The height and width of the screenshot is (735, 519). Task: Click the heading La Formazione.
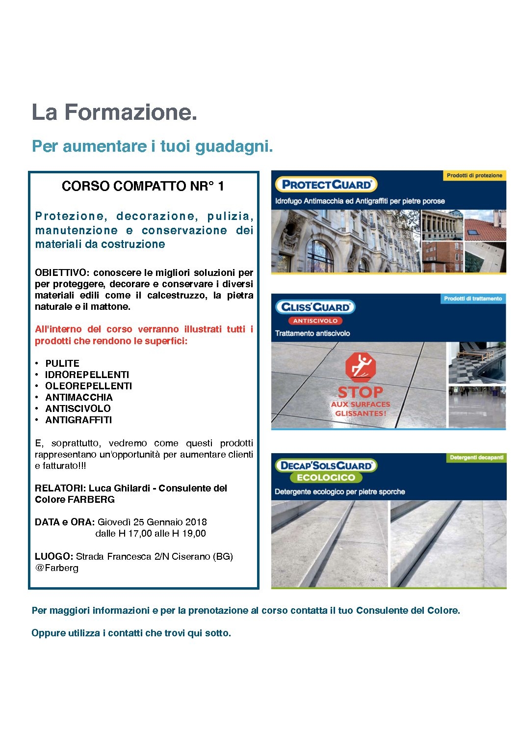click(x=114, y=112)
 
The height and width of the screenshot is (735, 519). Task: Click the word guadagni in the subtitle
click(x=234, y=146)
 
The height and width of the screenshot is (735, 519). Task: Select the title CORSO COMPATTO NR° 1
click(x=143, y=186)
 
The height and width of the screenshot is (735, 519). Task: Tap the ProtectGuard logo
click(x=326, y=185)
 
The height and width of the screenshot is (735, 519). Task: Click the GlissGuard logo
click(x=315, y=307)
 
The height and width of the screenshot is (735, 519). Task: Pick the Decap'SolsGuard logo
click(x=326, y=465)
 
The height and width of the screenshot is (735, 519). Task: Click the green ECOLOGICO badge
click(x=326, y=477)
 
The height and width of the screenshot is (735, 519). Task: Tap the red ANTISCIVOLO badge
click(x=315, y=321)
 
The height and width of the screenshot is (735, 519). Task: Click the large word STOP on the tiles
click(x=360, y=392)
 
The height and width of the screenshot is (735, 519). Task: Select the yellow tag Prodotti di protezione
click(x=474, y=175)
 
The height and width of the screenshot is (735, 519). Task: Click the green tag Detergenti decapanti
click(x=476, y=458)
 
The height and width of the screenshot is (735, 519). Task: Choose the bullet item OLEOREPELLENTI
click(x=88, y=386)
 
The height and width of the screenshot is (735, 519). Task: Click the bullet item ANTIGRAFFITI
click(x=78, y=420)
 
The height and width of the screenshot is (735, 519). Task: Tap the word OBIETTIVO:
click(x=62, y=272)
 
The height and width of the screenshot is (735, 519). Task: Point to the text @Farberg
click(x=56, y=568)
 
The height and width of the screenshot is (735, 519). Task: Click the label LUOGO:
click(x=54, y=556)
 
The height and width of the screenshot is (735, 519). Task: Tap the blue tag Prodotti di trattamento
click(x=473, y=299)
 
